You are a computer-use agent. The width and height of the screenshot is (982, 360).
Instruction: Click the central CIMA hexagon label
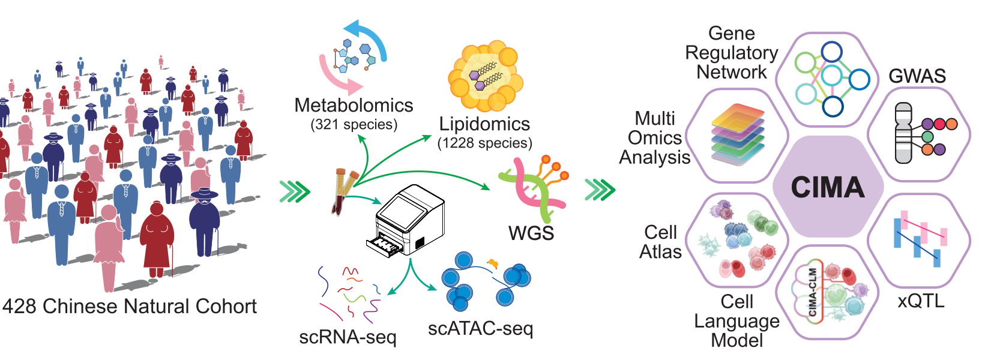(827, 187)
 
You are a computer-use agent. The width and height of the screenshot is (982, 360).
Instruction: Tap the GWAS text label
(917, 76)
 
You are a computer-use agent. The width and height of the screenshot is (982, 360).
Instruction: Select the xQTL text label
(921, 300)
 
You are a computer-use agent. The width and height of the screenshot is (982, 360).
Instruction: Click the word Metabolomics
(354, 106)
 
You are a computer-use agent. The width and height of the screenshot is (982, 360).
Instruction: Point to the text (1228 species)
(484, 143)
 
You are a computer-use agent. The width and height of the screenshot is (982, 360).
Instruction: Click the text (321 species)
(354, 125)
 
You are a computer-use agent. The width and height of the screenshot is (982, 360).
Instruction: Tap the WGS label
(531, 233)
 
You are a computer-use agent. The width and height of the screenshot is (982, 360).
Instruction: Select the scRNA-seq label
(348, 337)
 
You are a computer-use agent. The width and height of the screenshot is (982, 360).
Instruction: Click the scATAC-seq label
(480, 328)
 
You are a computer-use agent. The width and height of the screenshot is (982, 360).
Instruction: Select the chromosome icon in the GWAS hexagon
(903, 133)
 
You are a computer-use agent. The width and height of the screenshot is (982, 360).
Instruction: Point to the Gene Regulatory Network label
(731, 53)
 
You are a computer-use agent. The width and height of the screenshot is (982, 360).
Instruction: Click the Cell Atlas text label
(660, 242)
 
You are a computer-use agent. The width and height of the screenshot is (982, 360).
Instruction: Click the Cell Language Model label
(736, 321)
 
